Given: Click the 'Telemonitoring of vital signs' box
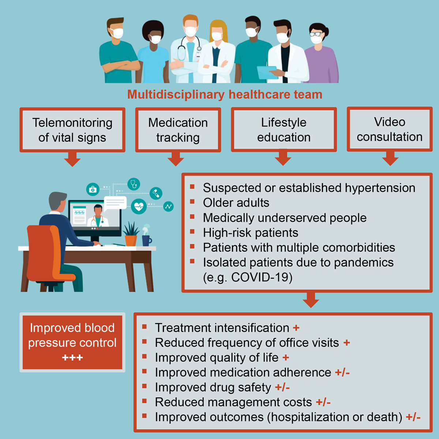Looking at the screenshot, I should (72, 130).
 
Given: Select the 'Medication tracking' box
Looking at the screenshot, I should (178, 130).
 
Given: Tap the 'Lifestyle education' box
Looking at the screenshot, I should (284, 130).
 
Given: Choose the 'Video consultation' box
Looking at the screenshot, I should (390, 129).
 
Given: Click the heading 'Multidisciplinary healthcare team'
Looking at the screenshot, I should (225, 94).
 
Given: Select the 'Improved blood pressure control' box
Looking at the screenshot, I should (72, 342).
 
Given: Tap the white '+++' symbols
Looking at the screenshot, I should (72, 357).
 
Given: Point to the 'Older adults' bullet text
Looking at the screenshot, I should (236, 203).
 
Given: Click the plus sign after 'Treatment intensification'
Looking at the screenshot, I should (296, 328).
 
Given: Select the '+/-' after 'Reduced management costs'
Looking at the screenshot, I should (323, 402).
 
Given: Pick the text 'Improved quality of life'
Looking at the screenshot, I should (217, 357).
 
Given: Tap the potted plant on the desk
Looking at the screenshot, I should (131, 234).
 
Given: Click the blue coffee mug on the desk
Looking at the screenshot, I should (146, 240).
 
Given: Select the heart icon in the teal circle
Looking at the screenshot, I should (139, 207).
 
